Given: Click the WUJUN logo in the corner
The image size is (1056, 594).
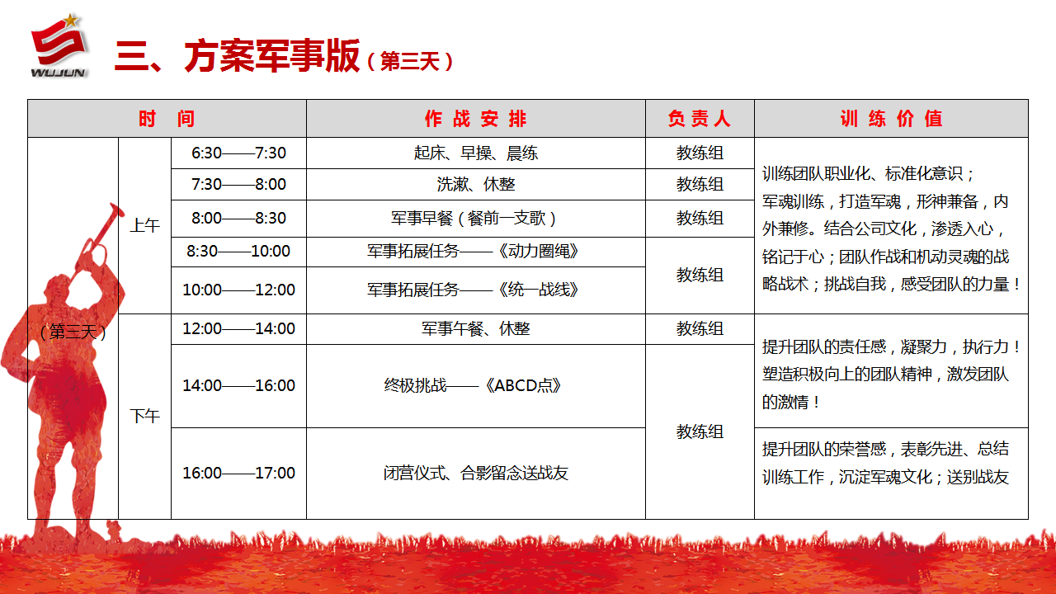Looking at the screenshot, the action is [59, 45].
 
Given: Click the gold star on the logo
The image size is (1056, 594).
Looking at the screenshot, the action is [71, 21].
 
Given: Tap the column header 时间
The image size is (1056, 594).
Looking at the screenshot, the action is [167, 119].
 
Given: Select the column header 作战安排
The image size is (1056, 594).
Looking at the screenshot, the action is [476, 119].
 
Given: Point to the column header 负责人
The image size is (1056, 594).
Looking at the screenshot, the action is [700, 119].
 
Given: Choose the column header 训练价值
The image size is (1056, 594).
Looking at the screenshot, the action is [891, 119].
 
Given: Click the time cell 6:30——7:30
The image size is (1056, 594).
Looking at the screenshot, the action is [238, 153].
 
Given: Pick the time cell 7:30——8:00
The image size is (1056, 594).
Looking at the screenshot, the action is [238, 184].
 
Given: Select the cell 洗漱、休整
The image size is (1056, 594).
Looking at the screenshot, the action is [476, 184].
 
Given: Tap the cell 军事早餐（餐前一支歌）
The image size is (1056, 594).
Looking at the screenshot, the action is [476, 219].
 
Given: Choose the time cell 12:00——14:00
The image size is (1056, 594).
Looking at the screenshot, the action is [238, 328].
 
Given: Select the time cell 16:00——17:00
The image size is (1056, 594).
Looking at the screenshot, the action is [238, 473].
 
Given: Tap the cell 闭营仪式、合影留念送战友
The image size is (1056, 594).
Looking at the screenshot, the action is [476, 473].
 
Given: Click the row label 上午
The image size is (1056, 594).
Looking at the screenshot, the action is [144, 225].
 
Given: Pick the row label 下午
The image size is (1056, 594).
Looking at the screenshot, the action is [144, 417].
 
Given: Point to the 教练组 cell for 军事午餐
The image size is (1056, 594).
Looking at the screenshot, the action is [700, 328].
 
